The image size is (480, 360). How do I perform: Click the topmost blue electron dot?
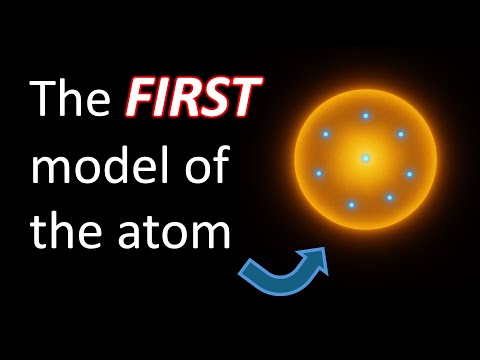[366, 116]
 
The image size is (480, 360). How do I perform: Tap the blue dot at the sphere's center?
[366, 158]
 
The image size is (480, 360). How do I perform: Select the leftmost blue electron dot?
[319, 173]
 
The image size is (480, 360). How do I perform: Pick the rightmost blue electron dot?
[410, 174]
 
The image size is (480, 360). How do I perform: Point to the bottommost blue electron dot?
[351, 205]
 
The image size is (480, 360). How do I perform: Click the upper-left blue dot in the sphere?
[326, 134]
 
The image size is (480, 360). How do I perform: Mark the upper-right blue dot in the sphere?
[401, 134]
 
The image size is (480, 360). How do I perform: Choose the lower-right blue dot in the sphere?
[390, 197]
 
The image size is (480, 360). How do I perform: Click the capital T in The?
[44, 102]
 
